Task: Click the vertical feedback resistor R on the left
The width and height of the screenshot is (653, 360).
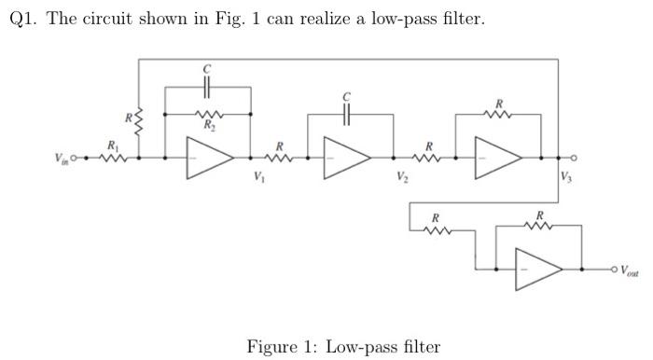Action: click(x=138, y=119)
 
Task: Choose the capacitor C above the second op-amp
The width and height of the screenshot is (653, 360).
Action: click(x=346, y=114)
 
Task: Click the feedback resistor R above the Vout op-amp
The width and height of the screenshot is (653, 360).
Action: click(x=538, y=225)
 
